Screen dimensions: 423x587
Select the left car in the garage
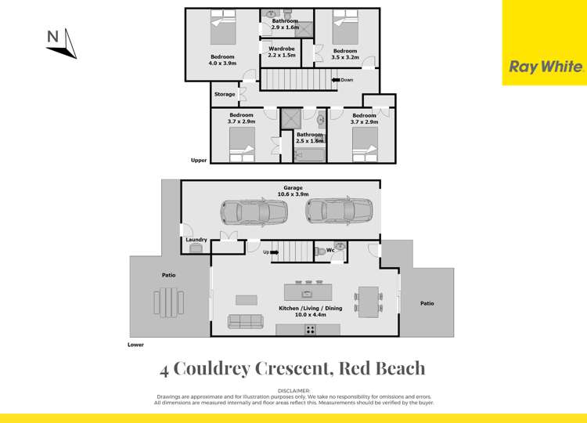[x=254, y=211]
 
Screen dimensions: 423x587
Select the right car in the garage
[x=339, y=211]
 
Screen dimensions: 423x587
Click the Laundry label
[x=196, y=239]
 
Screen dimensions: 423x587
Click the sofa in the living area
[x=245, y=320]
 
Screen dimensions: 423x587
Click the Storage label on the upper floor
[x=225, y=94]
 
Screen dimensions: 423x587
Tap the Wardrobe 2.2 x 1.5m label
[x=282, y=52]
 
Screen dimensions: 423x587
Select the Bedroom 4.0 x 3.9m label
[x=222, y=60]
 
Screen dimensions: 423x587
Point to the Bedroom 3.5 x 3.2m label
[x=345, y=53]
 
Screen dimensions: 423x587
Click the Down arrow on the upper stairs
[x=342, y=79]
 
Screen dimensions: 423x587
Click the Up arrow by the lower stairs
[x=267, y=251]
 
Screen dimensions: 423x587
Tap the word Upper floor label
[x=200, y=161]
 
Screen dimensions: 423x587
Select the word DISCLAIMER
[x=293, y=389]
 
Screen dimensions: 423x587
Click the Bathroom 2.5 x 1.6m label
[x=310, y=138]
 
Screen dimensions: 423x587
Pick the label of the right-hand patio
[x=427, y=303]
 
